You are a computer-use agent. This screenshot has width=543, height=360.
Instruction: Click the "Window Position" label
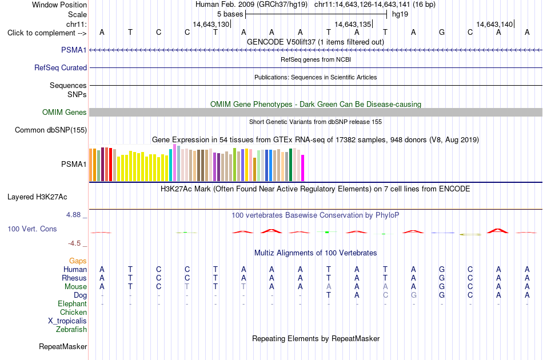(59, 5)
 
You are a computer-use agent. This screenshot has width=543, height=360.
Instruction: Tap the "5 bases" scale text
(230, 14)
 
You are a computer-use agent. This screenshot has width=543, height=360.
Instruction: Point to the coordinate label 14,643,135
(353, 24)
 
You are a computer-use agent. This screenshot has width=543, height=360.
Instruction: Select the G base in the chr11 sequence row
(441, 32)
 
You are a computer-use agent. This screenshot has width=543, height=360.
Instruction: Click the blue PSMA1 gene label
(74, 50)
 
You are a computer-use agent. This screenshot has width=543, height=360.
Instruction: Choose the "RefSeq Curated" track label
(60, 67)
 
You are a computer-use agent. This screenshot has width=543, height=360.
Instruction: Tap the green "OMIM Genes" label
(64, 112)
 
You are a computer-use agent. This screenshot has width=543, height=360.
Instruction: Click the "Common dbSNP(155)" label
(50, 130)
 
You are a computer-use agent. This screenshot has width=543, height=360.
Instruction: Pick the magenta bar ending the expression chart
(303, 168)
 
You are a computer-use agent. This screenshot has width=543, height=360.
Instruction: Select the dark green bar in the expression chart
(290, 165)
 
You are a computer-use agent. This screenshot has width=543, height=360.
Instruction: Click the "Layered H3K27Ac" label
(37, 197)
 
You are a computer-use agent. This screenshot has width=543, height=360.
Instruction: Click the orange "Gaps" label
(78, 261)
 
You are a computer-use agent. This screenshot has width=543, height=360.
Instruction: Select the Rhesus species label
(74, 278)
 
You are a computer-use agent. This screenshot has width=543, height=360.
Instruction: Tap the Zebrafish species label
(71, 329)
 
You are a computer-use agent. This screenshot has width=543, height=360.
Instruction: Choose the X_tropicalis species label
(67, 321)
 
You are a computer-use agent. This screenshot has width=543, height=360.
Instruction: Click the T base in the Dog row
(329, 295)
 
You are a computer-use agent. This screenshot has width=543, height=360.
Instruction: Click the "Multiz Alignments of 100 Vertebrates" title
(316, 253)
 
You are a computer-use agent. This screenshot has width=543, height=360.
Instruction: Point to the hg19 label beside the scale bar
(400, 14)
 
